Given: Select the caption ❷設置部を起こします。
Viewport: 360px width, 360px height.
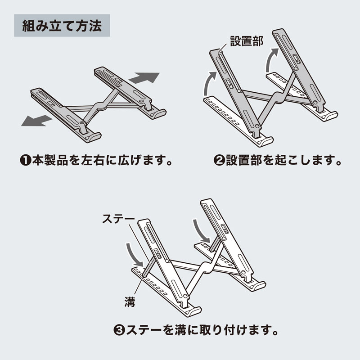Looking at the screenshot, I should tap(277, 160).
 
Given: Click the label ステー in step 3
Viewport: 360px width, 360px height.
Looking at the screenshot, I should tap(118, 220).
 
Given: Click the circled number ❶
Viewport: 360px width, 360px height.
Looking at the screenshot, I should tap(25, 160).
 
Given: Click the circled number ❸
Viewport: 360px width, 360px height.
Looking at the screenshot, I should tap(119, 331).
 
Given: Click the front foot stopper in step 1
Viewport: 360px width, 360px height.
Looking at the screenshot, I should tap(92, 136).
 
